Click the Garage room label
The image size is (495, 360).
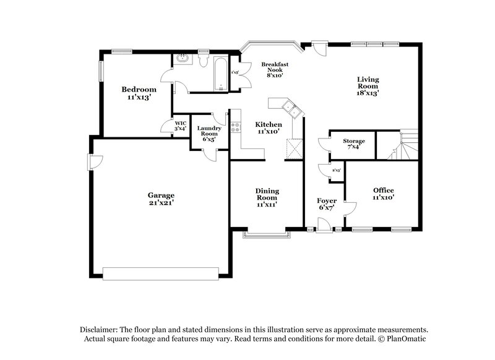click(160, 198)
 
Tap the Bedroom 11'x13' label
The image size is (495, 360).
click(138, 93)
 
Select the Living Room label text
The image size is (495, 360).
click(368, 86)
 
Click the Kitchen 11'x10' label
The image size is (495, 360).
click(269, 128)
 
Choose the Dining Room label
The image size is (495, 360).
click(267, 197)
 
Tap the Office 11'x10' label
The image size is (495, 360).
click(383, 194)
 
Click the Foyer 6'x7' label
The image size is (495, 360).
click(327, 205)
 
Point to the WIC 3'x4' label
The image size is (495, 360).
click(180, 126)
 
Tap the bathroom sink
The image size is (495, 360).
click(183, 59)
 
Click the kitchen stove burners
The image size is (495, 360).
click(235, 128)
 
